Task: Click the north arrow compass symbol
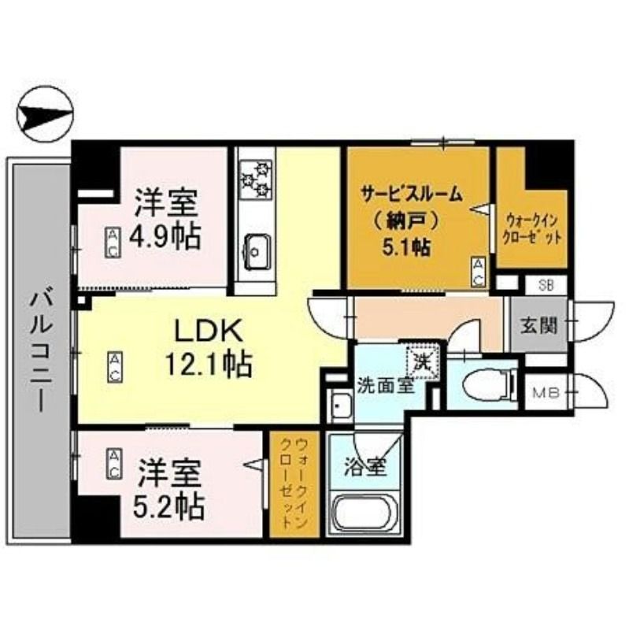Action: click(45, 113)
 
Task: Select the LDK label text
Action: click(208, 330)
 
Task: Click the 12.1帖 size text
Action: click(209, 364)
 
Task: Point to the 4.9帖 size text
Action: click(165, 236)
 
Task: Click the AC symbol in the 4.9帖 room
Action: click(113, 243)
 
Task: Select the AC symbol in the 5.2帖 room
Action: click(114, 464)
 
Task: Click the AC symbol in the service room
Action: click(478, 272)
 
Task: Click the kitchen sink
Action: click(255, 251)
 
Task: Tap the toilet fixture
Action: click(488, 386)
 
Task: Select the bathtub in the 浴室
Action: click(364, 514)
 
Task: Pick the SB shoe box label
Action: click(546, 285)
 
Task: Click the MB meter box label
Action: click(546, 392)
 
